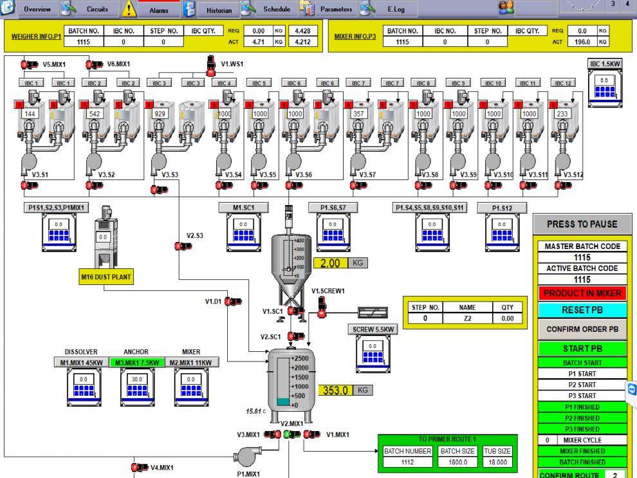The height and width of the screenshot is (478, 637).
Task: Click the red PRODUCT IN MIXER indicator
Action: (x=582, y=293)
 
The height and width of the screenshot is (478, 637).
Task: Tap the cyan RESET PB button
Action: (x=582, y=310)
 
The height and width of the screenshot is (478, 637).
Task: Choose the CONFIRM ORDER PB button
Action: (x=582, y=329)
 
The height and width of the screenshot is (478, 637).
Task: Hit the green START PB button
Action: (x=582, y=349)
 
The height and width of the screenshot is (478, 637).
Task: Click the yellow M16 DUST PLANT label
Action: (x=106, y=277)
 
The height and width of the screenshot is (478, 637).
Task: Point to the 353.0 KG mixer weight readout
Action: (x=335, y=391)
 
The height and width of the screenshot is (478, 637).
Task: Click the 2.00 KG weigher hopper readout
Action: (x=330, y=263)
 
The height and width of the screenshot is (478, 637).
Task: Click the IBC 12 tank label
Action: (x=563, y=84)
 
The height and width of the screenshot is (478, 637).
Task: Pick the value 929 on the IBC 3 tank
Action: (x=160, y=113)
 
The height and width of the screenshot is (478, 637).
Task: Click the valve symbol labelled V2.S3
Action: (x=179, y=246)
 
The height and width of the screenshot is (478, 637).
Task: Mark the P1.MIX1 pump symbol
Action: (x=246, y=455)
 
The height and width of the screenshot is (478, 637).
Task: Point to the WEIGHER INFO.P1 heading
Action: (x=36, y=37)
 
